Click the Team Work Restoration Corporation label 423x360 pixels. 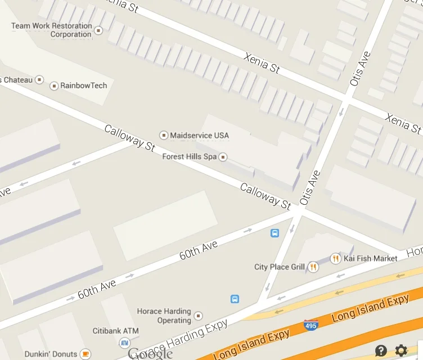click(x=51, y=30)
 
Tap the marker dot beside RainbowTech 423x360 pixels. click(x=54, y=86)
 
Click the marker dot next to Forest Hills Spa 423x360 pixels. click(x=223, y=156)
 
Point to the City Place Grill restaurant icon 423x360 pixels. click(x=313, y=267)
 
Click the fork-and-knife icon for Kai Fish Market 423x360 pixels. click(x=335, y=258)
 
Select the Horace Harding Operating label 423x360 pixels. click(x=164, y=316)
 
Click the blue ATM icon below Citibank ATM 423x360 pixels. click(x=124, y=343)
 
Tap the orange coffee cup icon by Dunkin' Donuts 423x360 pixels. click(x=85, y=354)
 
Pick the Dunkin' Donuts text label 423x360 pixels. click(x=51, y=354)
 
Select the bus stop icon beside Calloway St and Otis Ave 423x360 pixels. click(x=274, y=233)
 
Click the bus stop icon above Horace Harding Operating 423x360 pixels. click(x=235, y=299)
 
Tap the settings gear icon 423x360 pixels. click(x=401, y=350)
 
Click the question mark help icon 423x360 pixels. click(x=381, y=350)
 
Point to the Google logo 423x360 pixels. click(x=150, y=353)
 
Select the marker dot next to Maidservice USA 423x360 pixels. click(x=164, y=136)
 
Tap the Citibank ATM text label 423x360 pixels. click(x=115, y=331)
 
